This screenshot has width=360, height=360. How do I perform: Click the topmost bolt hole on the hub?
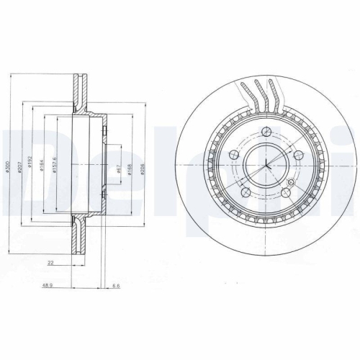tap(266, 132)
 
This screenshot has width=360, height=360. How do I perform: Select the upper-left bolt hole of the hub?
tap(233, 156)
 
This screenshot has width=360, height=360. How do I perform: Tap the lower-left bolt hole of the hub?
tap(246, 193)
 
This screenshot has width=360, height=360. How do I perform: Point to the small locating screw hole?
tap(290, 183)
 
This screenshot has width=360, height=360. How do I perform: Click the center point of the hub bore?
tap(266, 166)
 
